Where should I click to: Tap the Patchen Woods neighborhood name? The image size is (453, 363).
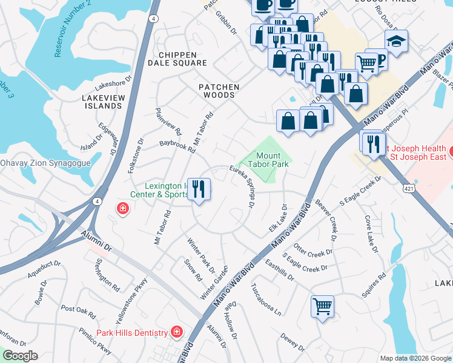click(219, 91)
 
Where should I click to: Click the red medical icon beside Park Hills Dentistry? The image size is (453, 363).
click(176, 332)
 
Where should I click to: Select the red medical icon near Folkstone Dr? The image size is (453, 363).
click(122, 209)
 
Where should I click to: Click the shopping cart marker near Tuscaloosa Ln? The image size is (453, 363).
click(322, 305)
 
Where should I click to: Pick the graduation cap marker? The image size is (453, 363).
click(396, 41)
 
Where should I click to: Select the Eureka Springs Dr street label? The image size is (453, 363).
click(241, 186)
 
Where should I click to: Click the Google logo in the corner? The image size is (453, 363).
click(19, 356)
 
